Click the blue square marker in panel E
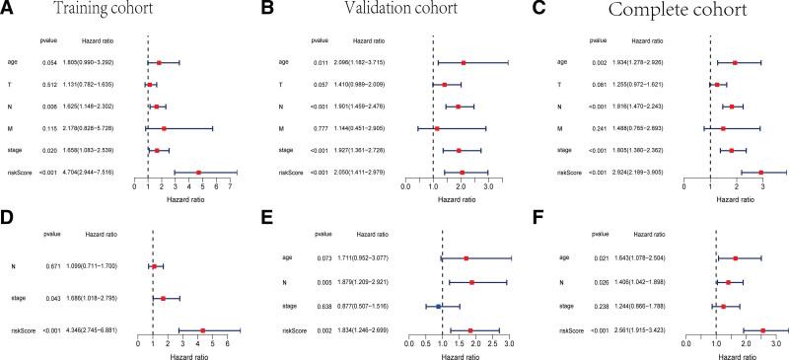pyautogui.click(x=439, y=306)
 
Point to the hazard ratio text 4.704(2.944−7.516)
pyautogui.click(x=94, y=172)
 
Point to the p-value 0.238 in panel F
pyautogui.click(x=611, y=306)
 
